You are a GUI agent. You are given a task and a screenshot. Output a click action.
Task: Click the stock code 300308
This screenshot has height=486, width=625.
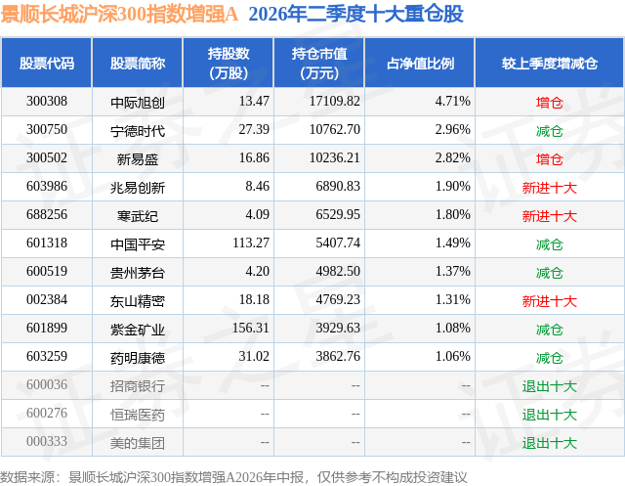coord(47,102)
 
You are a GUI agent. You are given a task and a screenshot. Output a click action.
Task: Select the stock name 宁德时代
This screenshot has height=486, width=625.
coord(138,131)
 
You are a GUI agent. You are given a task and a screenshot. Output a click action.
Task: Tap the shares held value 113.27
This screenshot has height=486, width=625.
coord(251,243)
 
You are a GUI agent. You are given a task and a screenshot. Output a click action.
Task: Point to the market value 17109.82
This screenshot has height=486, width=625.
coord(334,102)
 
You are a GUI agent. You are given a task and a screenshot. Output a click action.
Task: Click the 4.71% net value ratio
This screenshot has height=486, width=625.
coord(452,102)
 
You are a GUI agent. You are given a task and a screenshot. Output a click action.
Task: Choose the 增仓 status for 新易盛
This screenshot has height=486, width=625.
coord(549,159)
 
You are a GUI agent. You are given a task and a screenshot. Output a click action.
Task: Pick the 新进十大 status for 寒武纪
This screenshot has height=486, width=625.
coord(549,216)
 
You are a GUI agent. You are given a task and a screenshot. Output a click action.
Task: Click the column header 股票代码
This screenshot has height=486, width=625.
coord(47,63)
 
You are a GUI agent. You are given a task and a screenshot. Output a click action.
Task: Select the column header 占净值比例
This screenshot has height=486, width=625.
coord(420,63)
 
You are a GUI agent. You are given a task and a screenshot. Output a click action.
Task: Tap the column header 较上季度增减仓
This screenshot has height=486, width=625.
coord(549,63)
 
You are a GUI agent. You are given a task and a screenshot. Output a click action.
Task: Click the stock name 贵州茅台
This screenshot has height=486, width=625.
coord(138,273)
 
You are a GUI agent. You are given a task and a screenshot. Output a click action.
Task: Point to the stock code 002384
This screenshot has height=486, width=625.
coord(47,299)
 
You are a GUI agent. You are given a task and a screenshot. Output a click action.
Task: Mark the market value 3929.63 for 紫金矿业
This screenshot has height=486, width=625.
coord(338,328)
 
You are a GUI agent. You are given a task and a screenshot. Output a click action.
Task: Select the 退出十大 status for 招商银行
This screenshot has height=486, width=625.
coord(549,386)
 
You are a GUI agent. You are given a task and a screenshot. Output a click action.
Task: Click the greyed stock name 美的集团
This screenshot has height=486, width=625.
coord(138,443)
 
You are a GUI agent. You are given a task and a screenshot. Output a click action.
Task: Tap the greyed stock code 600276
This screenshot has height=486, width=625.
coord(47,413)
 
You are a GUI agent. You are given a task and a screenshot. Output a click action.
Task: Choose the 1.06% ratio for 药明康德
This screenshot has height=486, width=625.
coord(452,356)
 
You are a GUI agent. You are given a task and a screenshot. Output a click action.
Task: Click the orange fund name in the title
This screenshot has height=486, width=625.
coord(119,15)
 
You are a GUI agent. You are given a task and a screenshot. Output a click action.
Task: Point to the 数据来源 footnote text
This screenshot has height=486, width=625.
coord(233,477)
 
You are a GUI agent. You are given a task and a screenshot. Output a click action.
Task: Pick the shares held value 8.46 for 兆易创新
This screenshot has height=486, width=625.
coord(257,187)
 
